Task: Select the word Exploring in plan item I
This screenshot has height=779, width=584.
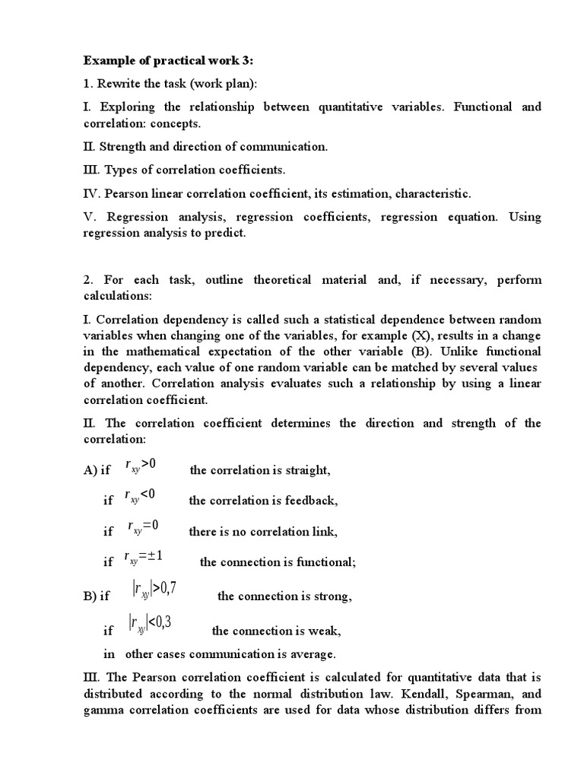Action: point(124,107)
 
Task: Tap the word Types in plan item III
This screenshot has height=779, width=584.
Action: point(119,170)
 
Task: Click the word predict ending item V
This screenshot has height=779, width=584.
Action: point(227,233)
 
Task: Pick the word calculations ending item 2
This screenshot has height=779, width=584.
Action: point(117,295)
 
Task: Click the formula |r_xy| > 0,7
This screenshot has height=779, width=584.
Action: point(154,590)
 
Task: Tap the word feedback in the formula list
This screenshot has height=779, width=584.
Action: point(312,501)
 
